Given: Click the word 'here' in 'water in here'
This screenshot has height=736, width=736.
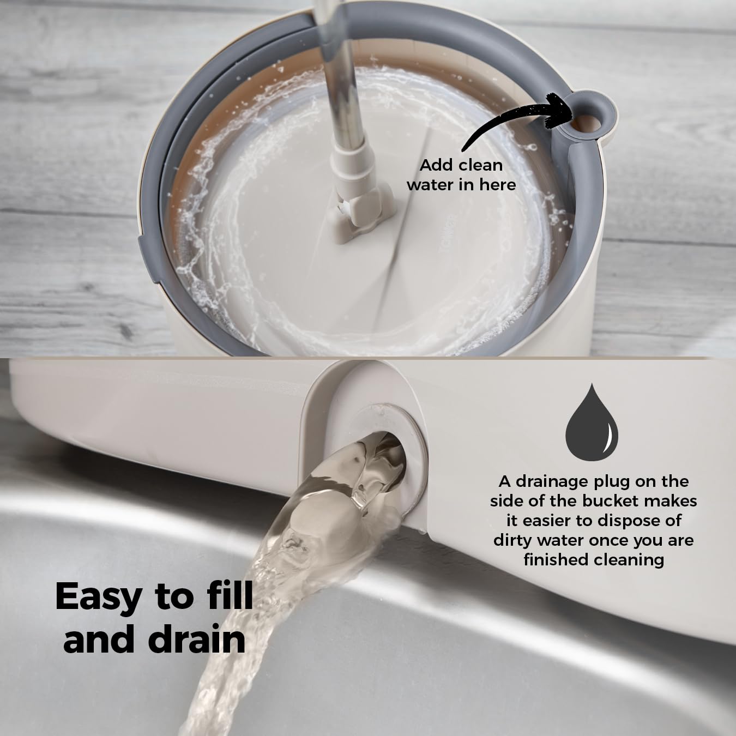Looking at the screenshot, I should click(x=496, y=185).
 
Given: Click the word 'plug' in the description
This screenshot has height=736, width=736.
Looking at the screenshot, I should click(x=618, y=481).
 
